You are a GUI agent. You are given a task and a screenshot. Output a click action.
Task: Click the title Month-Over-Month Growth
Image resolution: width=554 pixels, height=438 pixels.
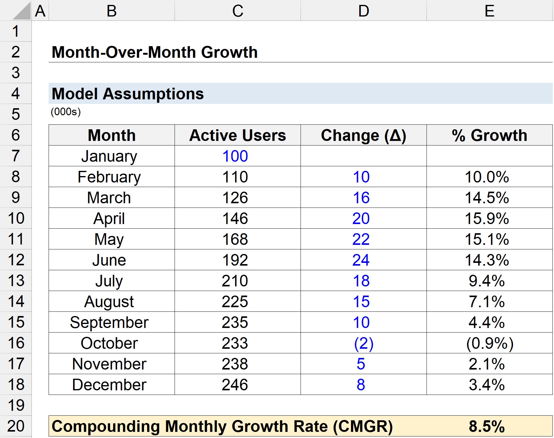154,52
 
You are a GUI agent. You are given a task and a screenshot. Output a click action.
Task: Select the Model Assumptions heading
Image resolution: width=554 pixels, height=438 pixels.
127,94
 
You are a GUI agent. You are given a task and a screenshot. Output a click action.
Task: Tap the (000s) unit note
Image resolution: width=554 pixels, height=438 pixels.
66,112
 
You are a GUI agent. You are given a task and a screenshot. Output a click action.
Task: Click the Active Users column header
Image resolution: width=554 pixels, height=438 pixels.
238,135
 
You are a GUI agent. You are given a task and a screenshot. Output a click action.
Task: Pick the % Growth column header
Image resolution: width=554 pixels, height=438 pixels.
489,135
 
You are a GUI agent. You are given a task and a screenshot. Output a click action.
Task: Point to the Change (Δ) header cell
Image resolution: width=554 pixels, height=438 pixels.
363,135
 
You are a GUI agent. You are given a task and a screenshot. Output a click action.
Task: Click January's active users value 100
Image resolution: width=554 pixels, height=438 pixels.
235,156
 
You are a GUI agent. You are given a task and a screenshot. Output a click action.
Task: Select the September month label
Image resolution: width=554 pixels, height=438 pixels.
109,322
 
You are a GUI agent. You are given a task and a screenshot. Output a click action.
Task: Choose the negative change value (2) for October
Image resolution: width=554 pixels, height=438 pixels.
364,343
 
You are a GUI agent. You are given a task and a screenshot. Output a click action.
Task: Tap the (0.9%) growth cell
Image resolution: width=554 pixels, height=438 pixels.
489,343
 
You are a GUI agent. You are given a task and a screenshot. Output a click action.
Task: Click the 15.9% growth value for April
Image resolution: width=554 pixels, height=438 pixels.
487,219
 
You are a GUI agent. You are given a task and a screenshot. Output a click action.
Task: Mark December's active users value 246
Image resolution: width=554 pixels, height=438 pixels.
235,385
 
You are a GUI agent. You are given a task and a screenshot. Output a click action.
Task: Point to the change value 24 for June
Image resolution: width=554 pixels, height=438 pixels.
361,260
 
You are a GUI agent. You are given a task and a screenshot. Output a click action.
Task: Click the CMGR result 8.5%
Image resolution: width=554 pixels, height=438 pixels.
487,426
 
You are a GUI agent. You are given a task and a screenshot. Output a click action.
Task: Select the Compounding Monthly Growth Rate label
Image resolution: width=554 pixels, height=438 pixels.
222,426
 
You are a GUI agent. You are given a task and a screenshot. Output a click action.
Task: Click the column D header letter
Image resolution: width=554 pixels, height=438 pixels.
364,11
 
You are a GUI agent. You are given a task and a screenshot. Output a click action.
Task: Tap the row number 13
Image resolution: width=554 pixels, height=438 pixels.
16,281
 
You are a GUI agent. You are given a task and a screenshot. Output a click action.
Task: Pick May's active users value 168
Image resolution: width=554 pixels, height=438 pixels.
235,239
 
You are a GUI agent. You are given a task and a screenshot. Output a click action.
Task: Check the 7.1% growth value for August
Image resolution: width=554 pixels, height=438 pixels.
487,302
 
